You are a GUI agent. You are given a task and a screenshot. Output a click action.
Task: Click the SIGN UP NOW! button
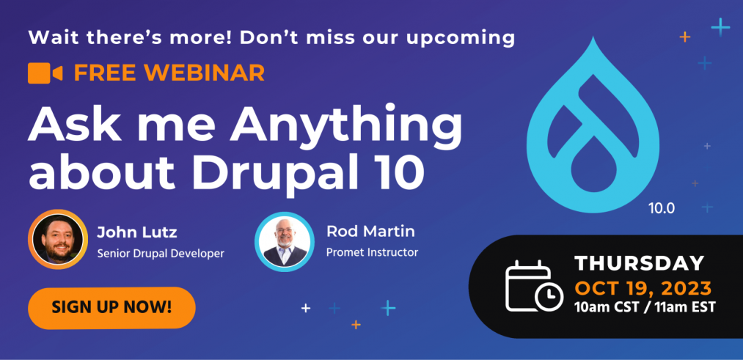(x=111, y=308)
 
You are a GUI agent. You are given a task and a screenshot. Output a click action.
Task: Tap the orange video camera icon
(x=45, y=73)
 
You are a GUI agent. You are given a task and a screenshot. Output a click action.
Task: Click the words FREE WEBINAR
(x=169, y=73)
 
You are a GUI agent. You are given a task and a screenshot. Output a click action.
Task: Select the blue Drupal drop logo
(x=593, y=125)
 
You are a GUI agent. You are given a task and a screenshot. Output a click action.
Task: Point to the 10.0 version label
(x=662, y=208)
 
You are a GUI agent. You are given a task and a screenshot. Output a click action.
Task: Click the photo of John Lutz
(x=58, y=239)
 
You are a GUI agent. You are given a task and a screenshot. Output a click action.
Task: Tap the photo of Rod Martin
(x=285, y=241)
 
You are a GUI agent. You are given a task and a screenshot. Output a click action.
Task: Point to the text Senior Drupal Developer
(x=161, y=254)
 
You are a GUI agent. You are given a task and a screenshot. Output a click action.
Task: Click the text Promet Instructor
(x=373, y=252)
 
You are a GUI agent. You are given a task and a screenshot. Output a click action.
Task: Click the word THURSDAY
(x=640, y=263)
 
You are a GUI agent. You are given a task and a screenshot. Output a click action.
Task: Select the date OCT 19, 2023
(x=643, y=287)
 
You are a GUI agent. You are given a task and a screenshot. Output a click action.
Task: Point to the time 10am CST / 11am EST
(x=645, y=307)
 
